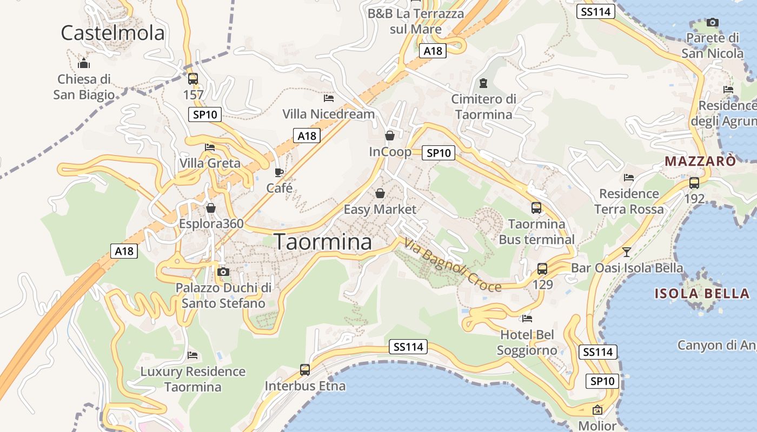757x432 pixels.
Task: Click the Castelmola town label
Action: [112, 33]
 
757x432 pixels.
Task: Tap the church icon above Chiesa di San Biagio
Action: [84, 64]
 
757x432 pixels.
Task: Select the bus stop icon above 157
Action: [193, 79]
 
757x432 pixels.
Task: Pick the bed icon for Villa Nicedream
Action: [329, 98]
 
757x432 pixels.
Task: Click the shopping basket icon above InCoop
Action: [390, 136]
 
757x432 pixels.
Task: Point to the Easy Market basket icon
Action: [380, 193]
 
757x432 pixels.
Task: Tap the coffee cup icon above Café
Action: [279, 172]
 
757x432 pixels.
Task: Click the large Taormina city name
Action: [323, 242]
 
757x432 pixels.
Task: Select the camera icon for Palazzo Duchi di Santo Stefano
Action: [223, 272]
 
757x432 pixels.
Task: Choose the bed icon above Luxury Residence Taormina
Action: [192, 355]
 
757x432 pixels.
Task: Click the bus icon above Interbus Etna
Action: [305, 370]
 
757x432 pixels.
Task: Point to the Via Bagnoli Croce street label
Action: [452, 265]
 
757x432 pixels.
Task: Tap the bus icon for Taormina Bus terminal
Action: [536, 208]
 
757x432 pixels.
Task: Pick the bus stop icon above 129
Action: [542, 268]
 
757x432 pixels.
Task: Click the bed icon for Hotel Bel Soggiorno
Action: [527, 319]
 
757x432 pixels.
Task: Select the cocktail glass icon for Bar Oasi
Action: [627, 252]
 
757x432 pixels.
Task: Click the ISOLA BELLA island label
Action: [702, 294]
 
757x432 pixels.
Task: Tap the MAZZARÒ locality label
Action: [700, 161]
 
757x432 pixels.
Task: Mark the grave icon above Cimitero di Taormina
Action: [483, 83]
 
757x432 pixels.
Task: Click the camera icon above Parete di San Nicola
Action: [713, 23]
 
